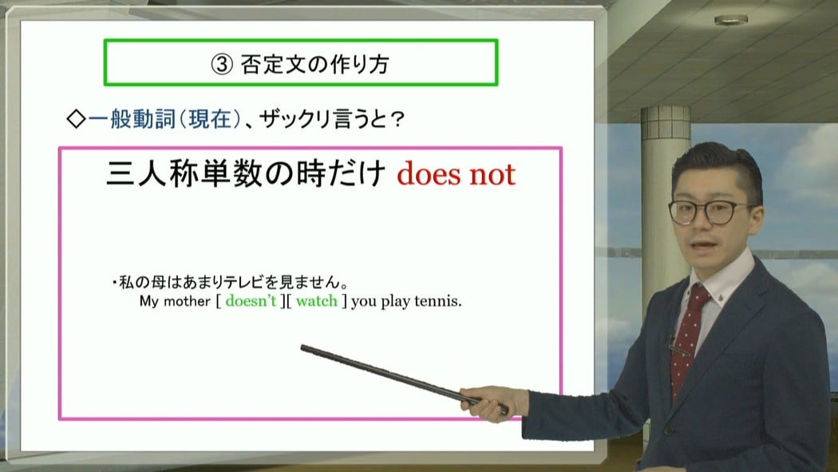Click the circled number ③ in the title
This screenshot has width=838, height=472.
click(222, 65)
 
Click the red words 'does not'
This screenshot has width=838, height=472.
click(456, 175)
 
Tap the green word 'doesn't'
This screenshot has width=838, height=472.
click(251, 301)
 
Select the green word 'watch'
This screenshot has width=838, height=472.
click(316, 301)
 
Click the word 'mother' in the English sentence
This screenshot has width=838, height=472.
click(187, 301)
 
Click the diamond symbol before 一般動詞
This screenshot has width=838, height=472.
click(76, 119)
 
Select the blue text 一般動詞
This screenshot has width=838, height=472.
click(132, 119)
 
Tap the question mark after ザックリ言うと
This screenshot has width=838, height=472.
click(396, 120)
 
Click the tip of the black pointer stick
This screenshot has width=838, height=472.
click(302, 348)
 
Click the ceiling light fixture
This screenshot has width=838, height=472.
click(730, 20)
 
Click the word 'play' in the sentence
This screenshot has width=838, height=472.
click(395, 302)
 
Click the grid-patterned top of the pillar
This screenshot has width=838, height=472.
click(666, 122)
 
